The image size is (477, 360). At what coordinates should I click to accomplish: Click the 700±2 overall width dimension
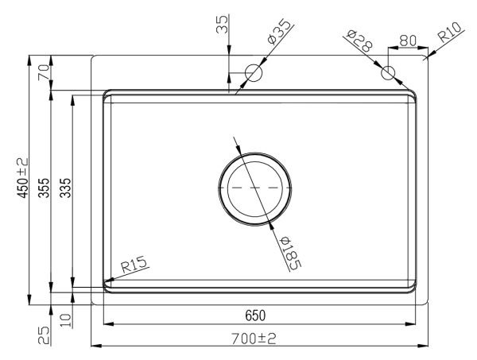tap(254, 339)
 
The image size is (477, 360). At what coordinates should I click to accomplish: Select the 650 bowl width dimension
tap(255, 315)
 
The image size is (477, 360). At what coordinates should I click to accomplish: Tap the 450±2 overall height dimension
tap(22, 178)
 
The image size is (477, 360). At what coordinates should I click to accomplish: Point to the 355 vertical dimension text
tap(44, 188)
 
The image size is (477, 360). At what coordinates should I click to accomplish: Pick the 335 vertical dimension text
tap(65, 188)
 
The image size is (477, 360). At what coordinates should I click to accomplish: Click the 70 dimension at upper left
tap(43, 72)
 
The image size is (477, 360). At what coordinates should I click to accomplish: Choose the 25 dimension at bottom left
tap(44, 335)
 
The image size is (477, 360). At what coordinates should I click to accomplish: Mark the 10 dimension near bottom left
tap(66, 320)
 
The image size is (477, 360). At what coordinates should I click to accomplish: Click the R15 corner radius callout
tap(134, 265)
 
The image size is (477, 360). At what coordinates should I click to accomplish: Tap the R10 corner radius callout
tap(450, 32)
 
